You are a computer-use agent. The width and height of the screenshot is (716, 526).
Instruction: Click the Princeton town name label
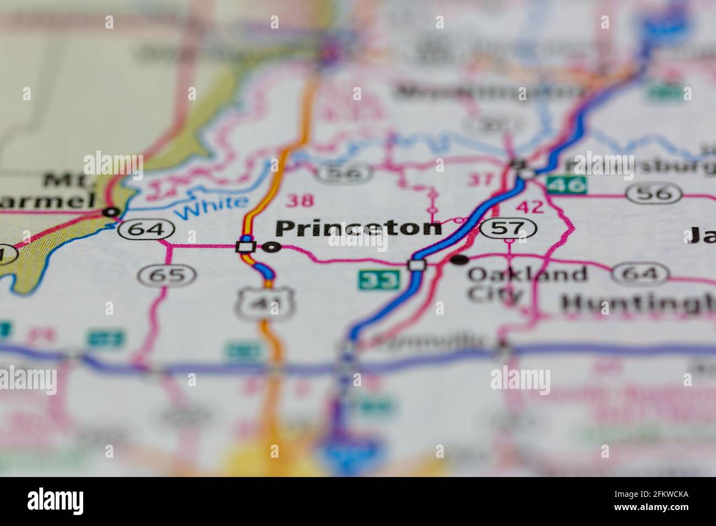[x=359, y=228]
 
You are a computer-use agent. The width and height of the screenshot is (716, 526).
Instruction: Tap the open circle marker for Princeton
[x=270, y=248]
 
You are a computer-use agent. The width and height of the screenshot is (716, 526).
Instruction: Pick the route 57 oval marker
[x=509, y=227]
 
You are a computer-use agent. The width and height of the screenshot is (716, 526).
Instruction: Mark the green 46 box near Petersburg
[x=566, y=185]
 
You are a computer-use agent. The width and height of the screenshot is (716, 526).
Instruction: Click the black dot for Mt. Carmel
[x=112, y=211]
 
